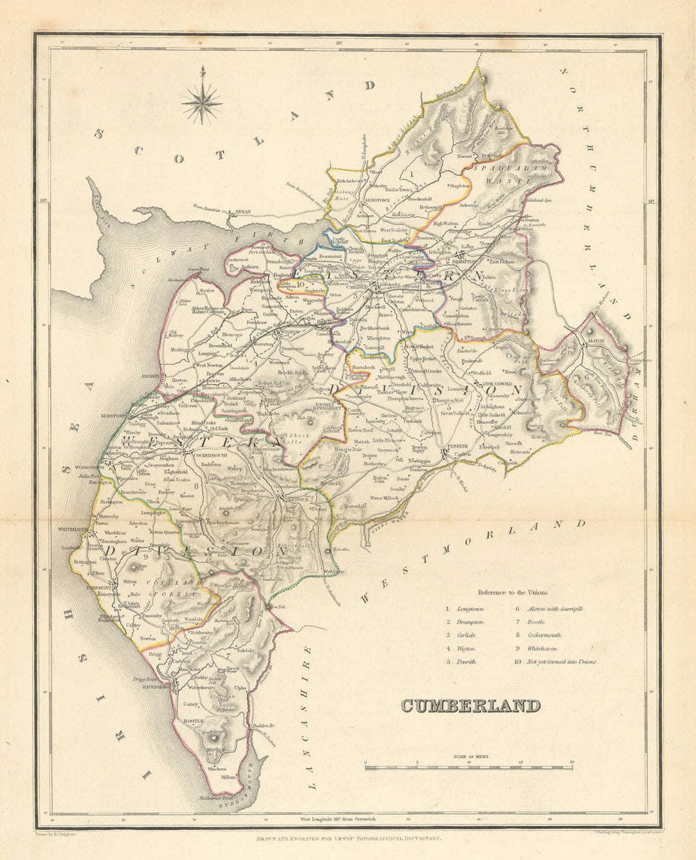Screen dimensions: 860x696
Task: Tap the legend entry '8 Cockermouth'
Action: [562, 635]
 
